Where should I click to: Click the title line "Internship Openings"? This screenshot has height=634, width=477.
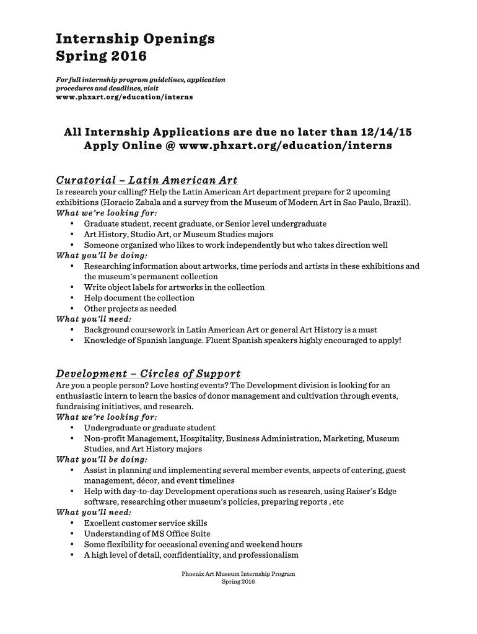135,39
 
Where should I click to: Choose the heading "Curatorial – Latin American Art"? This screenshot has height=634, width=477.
147,181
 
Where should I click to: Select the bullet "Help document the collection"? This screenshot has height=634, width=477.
139,298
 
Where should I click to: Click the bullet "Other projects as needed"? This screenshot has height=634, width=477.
130,308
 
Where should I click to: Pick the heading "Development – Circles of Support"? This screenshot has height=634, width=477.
148,374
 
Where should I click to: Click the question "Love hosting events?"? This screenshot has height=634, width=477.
189,385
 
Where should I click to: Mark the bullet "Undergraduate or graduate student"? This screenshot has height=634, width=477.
150,428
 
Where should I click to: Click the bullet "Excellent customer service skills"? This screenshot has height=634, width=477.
146,523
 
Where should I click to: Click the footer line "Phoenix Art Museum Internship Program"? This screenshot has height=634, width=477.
239,574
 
